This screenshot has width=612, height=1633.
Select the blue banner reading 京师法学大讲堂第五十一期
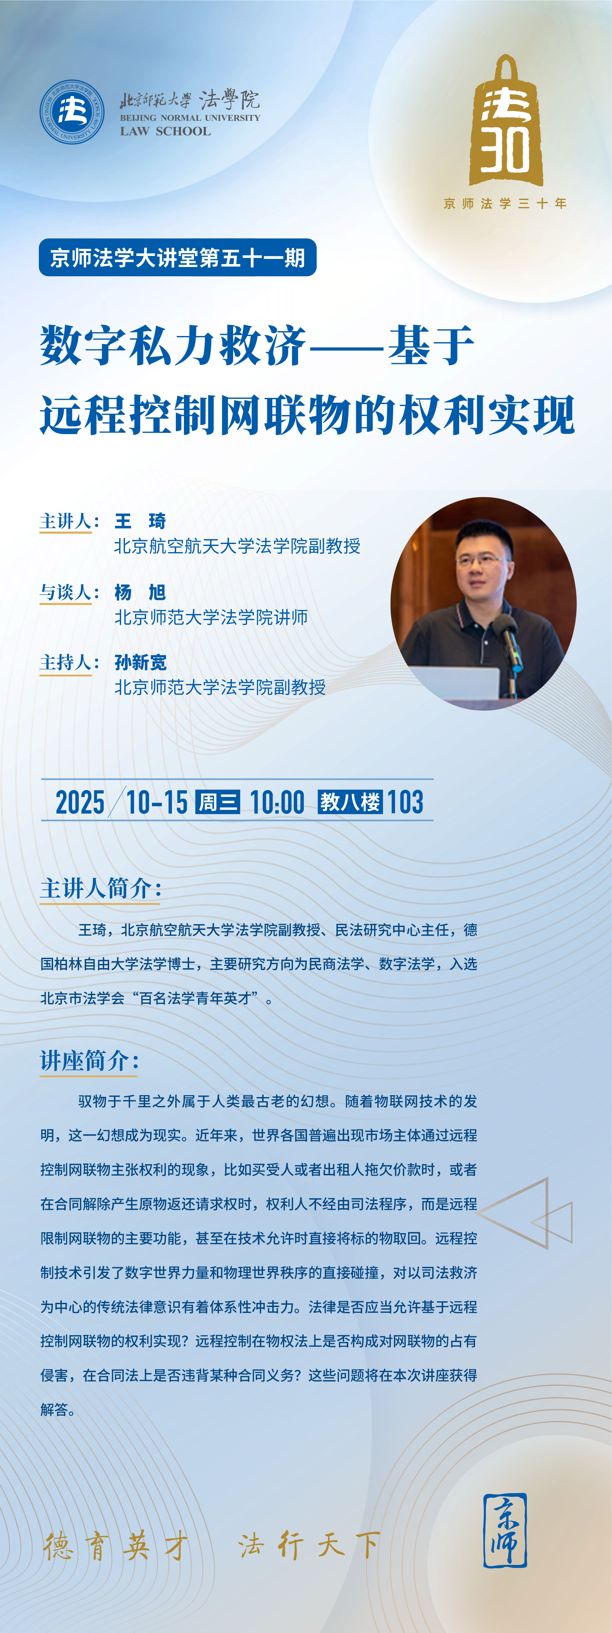coord(177,257)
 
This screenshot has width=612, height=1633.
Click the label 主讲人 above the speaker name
coord(65,521)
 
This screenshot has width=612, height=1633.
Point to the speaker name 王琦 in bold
coord(140,521)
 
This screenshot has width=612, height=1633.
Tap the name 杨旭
coord(140,592)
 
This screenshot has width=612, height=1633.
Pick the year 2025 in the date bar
coord(80,802)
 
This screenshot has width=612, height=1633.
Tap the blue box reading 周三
coord(218,802)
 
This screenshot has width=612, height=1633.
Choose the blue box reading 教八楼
coord(350,802)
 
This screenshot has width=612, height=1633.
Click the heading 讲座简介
coord(89,1060)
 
